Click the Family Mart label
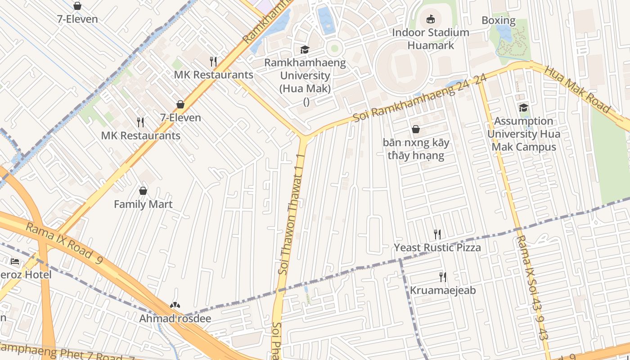point(143,204)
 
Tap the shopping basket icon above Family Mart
point(143,191)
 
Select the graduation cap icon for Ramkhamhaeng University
point(305,49)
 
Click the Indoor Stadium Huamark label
point(431,39)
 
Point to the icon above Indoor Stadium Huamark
point(431,19)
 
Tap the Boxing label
point(498,20)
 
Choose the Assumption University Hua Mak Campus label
point(524,134)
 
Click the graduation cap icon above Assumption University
point(523,108)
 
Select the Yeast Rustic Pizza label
point(437,247)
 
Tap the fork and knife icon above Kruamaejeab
point(443,277)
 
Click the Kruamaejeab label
point(442,290)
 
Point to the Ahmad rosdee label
point(175,319)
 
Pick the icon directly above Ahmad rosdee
point(175,305)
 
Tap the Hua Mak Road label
point(577,90)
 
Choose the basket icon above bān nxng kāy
point(416,129)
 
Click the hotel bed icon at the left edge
point(15,261)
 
